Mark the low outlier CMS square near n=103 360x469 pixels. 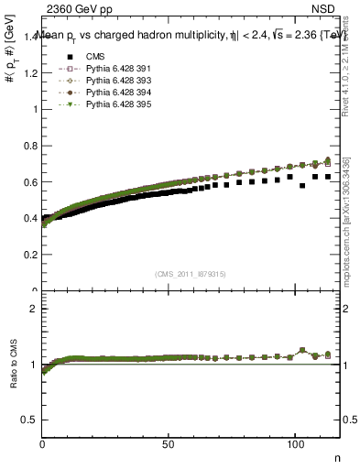pyautogui.click(x=302, y=186)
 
